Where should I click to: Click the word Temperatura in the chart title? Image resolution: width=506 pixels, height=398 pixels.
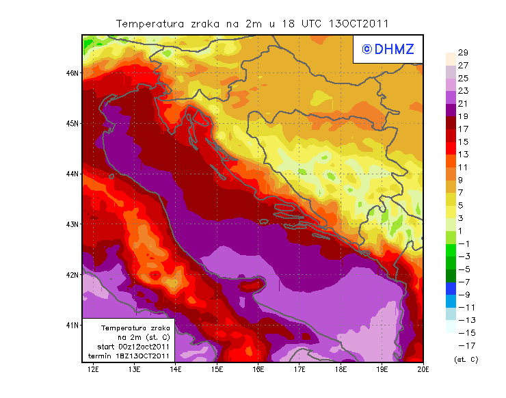pos(150,24)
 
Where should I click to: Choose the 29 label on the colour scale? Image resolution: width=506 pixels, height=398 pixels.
pos(463,53)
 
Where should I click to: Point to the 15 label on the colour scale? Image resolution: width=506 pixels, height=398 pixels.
pos(463,142)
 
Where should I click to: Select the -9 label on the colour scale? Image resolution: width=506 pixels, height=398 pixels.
pos(464,295)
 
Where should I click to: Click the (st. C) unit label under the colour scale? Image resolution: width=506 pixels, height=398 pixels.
pos(466,359)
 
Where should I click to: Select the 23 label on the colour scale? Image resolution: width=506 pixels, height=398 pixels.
pos(463,91)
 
